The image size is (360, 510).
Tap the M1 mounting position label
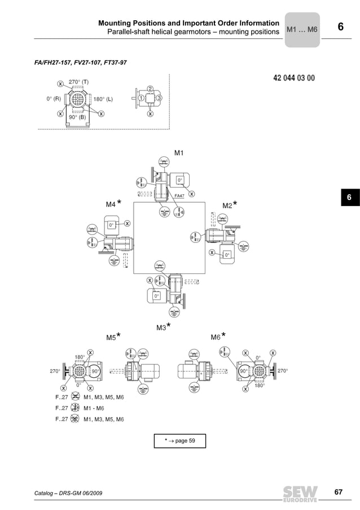click(x=179, y=153)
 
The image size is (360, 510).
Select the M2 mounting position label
click(x=227, y=206)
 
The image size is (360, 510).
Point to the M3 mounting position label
click(x=161, y=328)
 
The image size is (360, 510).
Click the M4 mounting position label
click(x=111, y=204)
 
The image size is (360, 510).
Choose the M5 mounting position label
click(x=111, y=337)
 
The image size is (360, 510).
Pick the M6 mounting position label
click(x=216, y=337)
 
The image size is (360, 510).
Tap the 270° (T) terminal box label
click(x=78, y=82)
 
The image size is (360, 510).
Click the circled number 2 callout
click(x=150, y=89)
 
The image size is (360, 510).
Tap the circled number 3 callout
click(x=160, y=98)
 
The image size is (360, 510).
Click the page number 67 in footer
click(x=338, y=492)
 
